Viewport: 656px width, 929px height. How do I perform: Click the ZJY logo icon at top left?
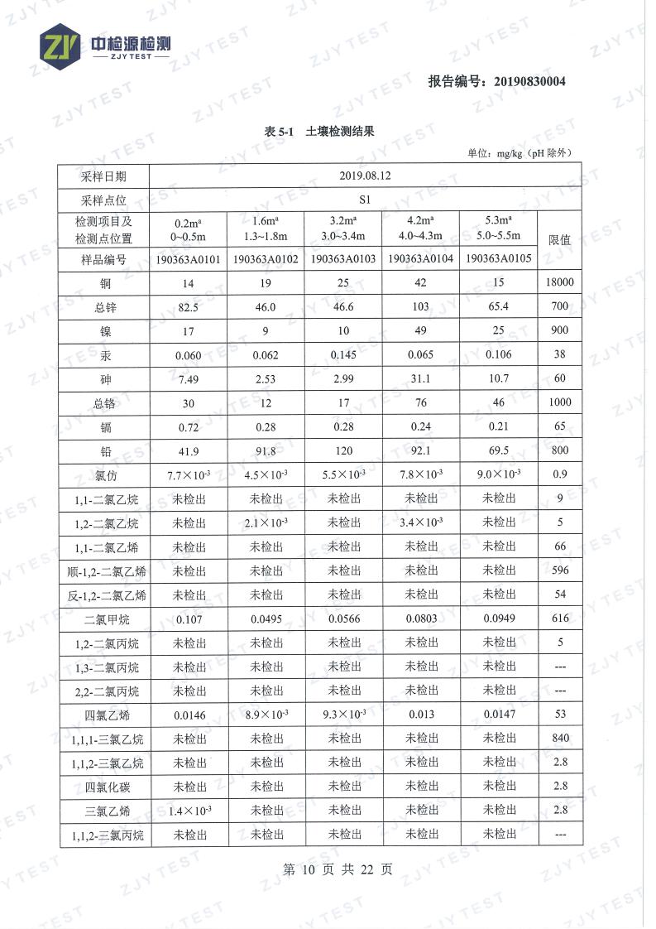pos(60,46)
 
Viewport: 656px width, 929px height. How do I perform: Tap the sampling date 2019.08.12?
pos(365,176)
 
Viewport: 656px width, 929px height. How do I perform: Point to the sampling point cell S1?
pos(365,200)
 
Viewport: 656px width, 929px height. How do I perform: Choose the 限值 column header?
pos(560,239)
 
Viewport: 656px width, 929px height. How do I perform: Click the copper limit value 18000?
pos(560,283)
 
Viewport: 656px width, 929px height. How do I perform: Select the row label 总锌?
pos(105,307)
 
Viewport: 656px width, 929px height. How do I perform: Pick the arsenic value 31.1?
pos(420,378)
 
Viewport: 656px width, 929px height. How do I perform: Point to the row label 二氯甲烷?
pos(105,619)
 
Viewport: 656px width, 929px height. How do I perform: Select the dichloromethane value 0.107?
pos(189,619)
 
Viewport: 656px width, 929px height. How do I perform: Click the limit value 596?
pos(560,570)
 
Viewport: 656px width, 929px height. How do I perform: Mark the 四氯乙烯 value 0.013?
pos(420,715)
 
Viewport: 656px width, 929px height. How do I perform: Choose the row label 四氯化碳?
pos(105,787)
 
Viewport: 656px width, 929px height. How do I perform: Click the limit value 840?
pos(560,739)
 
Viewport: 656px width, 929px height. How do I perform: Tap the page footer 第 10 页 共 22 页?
pos(338,869)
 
